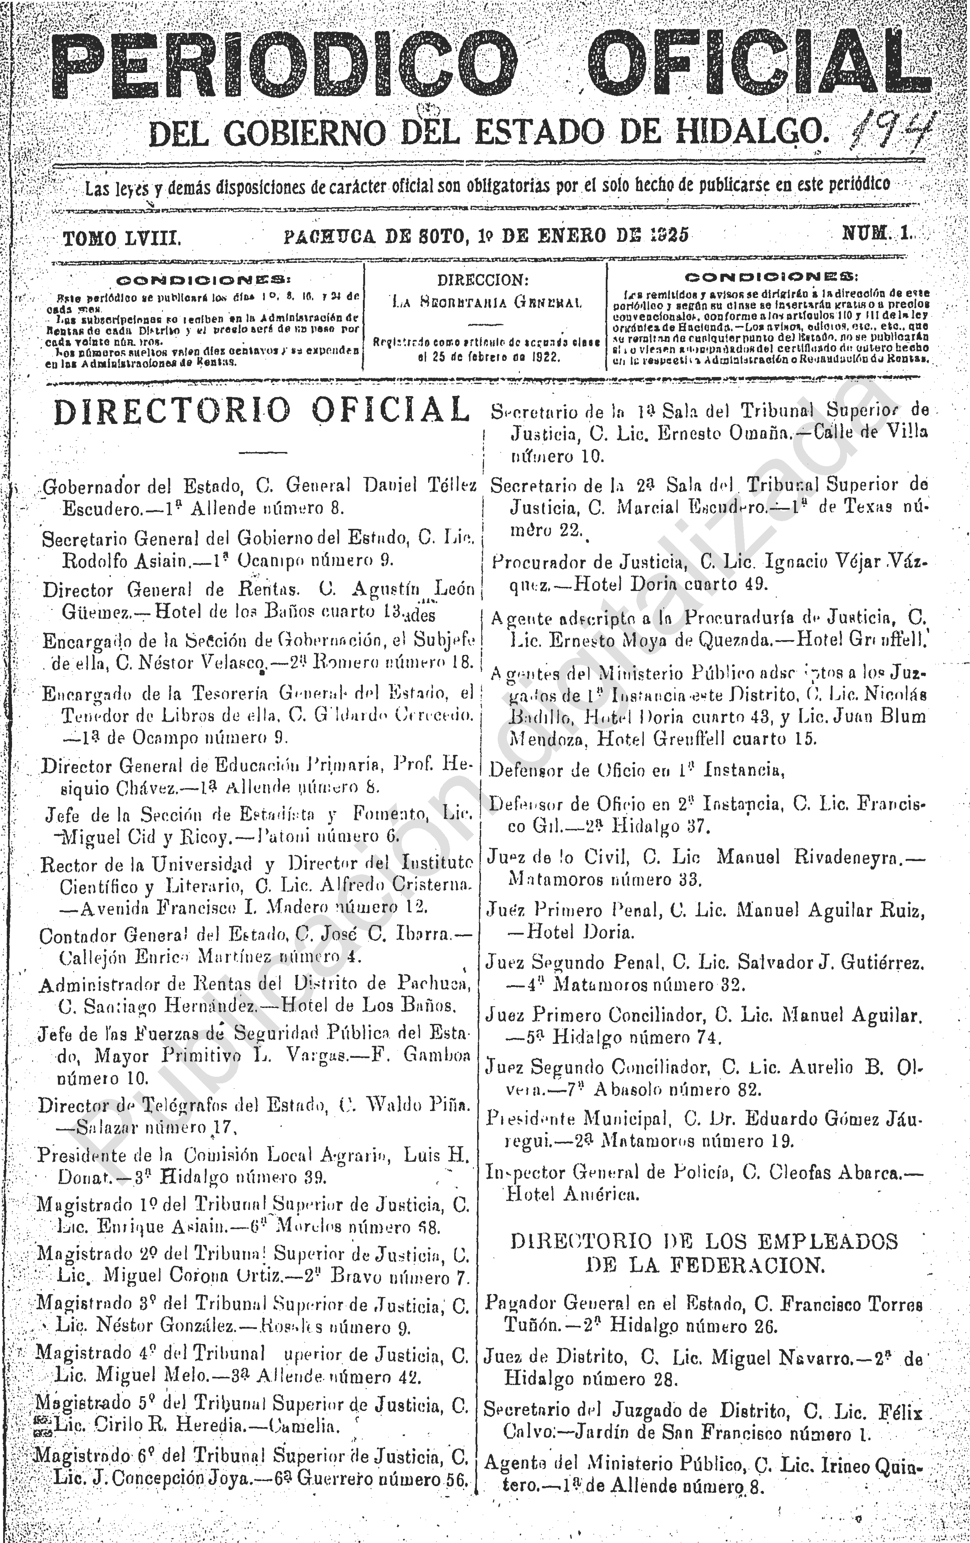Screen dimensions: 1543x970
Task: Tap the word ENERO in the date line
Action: tap(572, 236)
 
